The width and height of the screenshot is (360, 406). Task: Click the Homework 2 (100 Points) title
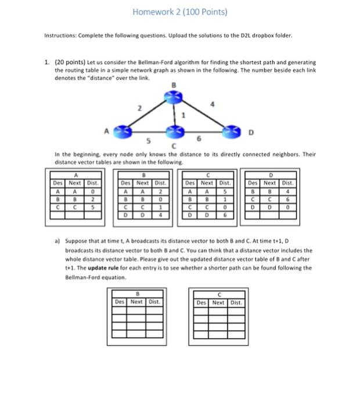click(x=179, y=12)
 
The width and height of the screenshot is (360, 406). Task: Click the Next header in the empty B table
click(x=137, y=302)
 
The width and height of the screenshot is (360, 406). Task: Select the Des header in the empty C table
click(x=201, y=302)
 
